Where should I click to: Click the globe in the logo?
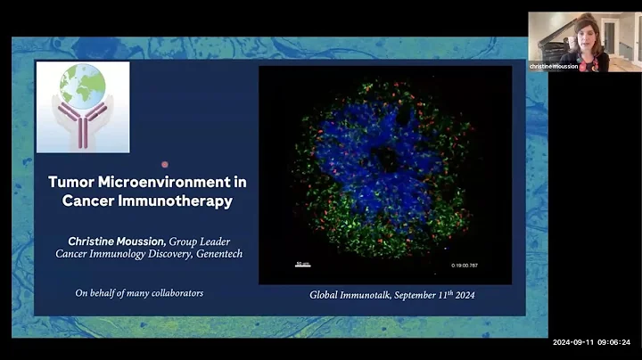[82, 86]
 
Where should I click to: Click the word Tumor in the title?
[73, 182]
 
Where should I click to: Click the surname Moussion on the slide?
[139, 241]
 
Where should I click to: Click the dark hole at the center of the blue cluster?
[385, 160]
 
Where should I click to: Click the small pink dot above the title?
[164, 164]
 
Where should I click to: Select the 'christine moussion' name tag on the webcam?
[554, 67]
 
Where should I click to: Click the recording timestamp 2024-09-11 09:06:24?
[591, 342]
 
